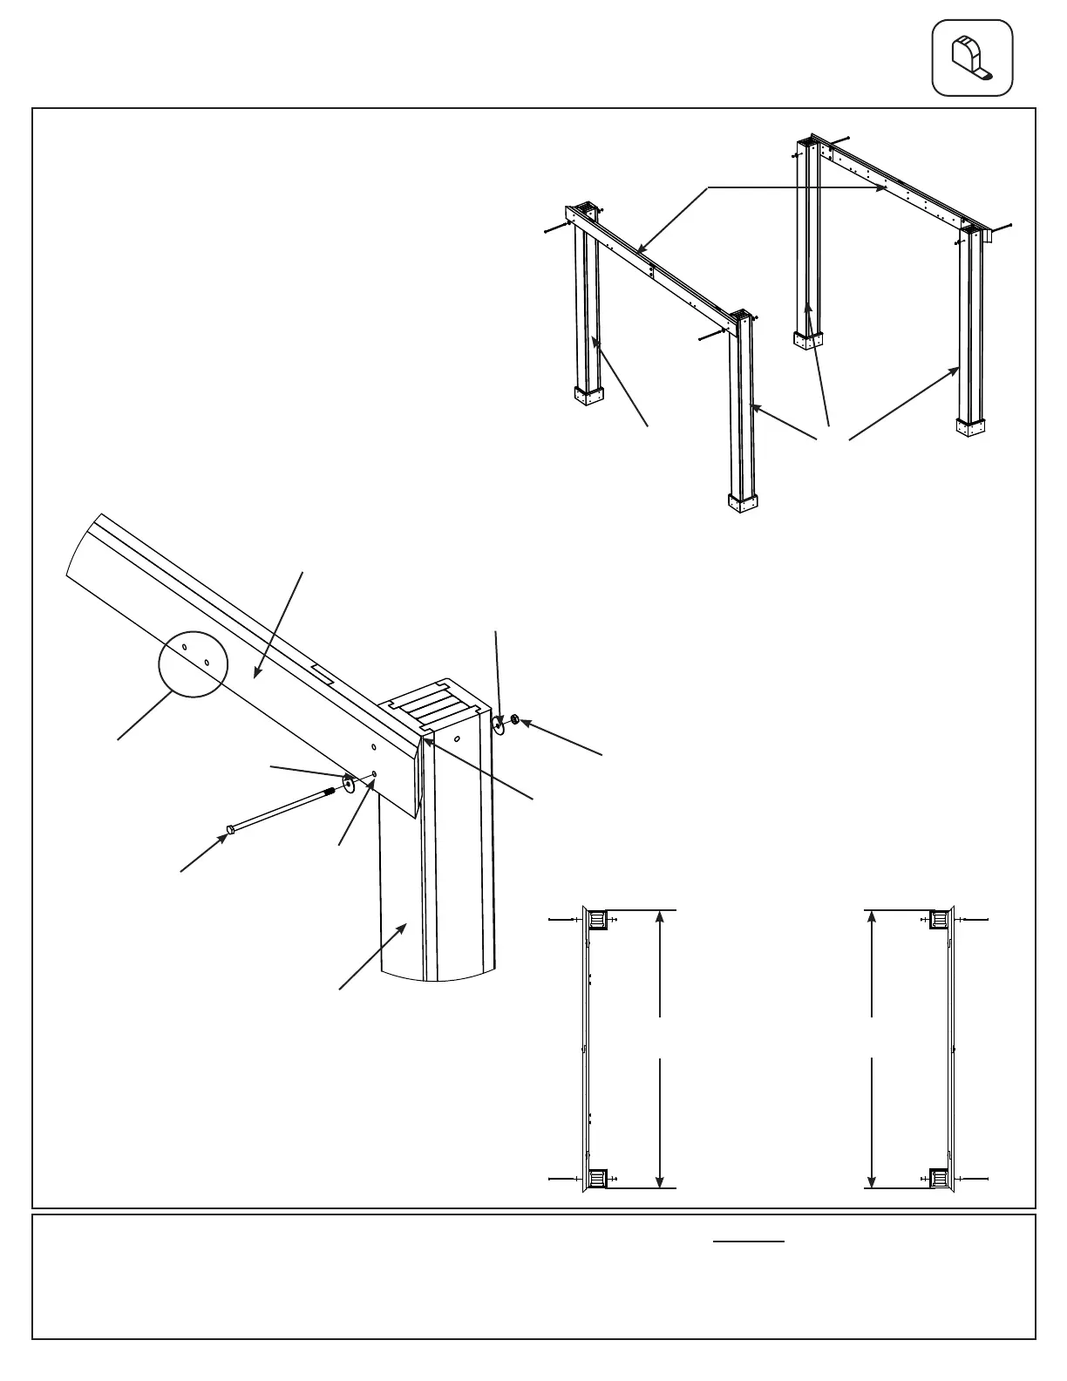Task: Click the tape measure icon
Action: tap(972, 58)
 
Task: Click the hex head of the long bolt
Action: tap(230, 828)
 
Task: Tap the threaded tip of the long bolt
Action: tap(330, 792)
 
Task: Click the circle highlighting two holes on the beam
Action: tap(194, 663)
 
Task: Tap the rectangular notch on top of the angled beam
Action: tap(321, 675)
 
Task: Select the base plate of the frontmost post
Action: tap(743, 504)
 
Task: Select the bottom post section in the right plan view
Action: tap(940, 1180)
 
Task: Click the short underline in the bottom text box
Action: tap(749, 1241)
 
